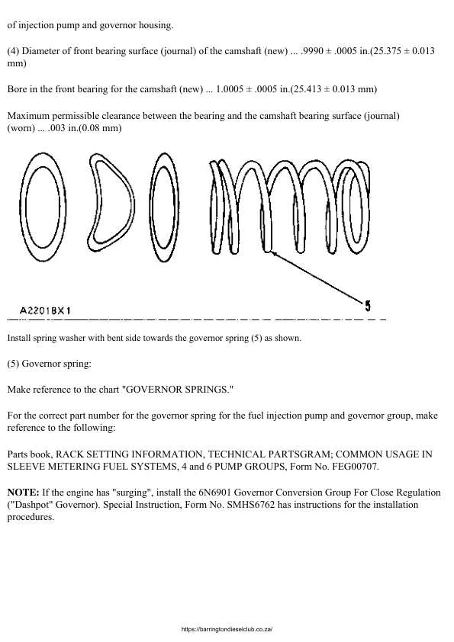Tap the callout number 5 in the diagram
(368, 307)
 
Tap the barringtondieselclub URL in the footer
(227, 629)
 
